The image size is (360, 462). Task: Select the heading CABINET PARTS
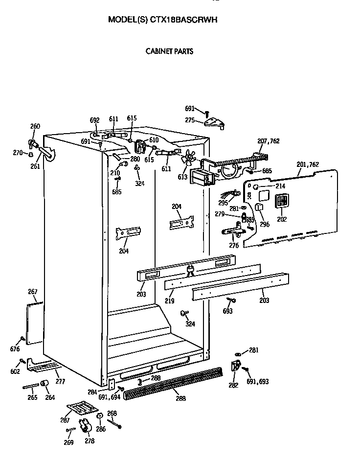coord(169,51)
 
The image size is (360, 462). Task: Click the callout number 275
coord(190,120)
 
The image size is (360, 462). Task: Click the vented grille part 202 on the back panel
coord(282,202)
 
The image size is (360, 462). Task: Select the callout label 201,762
coord(308,164)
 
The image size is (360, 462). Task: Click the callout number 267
coord(32,292)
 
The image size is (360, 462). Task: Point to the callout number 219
coord(169,301)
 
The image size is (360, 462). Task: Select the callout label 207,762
coord(268,141)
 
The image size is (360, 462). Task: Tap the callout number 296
coord(265,224)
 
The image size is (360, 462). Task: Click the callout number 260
coord(35,126)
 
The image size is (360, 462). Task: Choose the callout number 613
coord(182,177)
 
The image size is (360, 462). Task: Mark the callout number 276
coord(234,246)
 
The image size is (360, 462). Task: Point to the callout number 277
coord(60,381)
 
